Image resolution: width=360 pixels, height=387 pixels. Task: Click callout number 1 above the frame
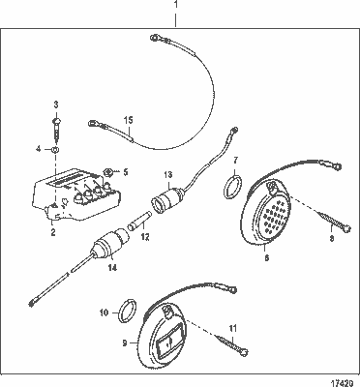(176, 5)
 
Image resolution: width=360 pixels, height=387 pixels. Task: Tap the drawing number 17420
(344, 383)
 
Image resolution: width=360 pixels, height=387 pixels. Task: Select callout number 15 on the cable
(128, 120)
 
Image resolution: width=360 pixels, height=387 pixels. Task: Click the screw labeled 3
(56, 131)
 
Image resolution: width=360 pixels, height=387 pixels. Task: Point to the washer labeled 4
(56, 149)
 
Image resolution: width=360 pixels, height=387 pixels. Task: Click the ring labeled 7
(232, 187)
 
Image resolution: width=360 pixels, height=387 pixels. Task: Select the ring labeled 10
(128, 311)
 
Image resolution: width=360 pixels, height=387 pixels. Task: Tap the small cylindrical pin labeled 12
(139, 220)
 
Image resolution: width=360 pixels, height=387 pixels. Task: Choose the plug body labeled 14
(111, 244)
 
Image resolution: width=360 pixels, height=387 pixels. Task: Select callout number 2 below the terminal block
(53, 232)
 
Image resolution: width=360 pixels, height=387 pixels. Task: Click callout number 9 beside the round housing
(125, 343)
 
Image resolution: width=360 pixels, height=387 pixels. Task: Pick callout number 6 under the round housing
(266, 257)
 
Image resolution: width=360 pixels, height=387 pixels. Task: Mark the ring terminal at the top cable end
(155, 38)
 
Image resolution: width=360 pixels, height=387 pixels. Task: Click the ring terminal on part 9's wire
(233, 289)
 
